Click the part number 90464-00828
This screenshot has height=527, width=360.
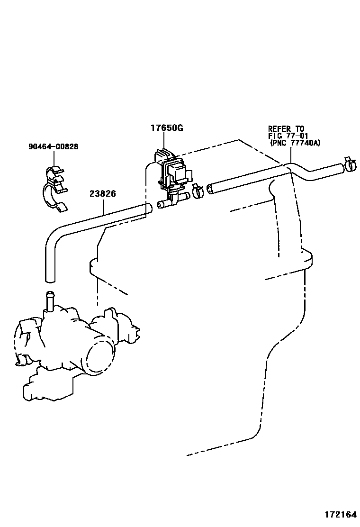click(53, 147)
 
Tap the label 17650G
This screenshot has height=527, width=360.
click(167, 128)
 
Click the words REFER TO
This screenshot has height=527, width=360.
click(286, 129)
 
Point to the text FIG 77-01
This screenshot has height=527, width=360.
click(288, 136)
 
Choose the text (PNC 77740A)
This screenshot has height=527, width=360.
click(295, 142)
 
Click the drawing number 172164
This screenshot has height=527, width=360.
click(340, 515)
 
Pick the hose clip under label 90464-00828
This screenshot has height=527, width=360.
click(54, 188)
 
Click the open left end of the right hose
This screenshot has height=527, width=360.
click(210, 190)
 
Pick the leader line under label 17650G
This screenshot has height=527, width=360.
click(164, 141)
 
